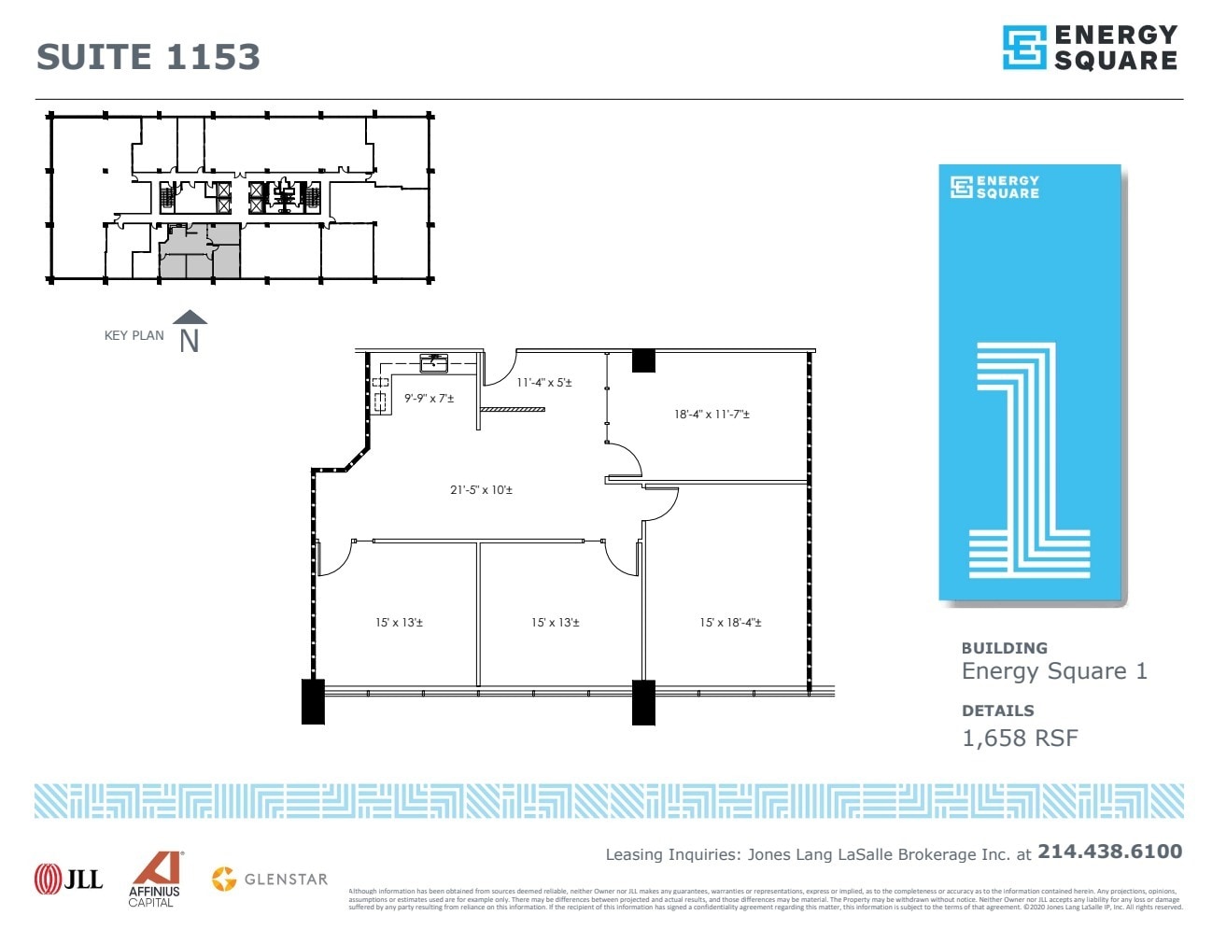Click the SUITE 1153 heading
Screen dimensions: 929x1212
(x=148, y=57)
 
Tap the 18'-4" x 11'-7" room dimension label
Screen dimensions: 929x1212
(x=712, y=414)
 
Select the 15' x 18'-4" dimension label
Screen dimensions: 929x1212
(x=730, y=623)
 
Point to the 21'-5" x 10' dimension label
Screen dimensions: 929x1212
(x=481, y=489)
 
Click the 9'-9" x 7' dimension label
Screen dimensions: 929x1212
(x=429, y=399)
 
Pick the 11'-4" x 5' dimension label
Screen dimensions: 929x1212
(x=543, y=382)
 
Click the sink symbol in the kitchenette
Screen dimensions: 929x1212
(x=433, y=362)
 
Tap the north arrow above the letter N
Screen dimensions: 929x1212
(x=190, y=317)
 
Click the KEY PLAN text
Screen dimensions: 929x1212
(x=134, y=336)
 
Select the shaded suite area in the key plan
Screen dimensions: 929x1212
(x=199, y=252)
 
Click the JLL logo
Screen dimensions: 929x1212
(x=68, y=879)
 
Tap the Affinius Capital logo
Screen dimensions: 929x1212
(x=154, y=879)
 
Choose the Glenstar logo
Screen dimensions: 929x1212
(x=270, y=879)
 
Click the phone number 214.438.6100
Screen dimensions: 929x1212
(x=1109, y=852)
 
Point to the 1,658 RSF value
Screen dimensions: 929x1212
(x=1020, y=739)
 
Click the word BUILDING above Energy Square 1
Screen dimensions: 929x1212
(x=1004, y=648)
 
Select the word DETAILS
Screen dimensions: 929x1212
(x=997, y=711)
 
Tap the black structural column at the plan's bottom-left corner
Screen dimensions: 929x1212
(x=313, y=701)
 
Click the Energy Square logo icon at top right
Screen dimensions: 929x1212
(x=1023, y=48)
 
